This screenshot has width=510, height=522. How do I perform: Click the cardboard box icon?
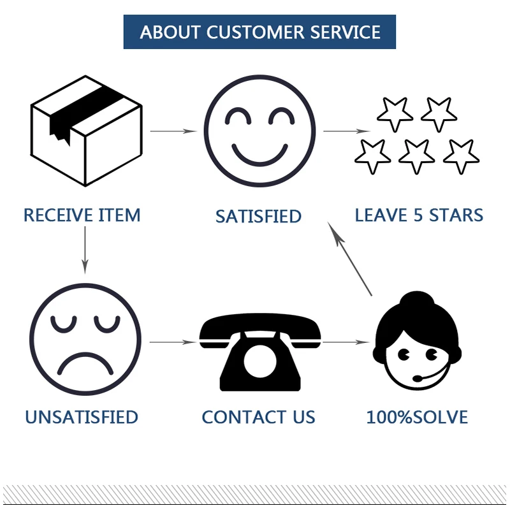pos(86,131)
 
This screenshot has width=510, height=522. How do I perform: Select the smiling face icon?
pos(259,131)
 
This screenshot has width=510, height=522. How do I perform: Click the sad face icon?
pos(85,339)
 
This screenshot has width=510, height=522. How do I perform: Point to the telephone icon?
pos(260,352)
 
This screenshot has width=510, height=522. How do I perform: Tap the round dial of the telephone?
pos(260,361)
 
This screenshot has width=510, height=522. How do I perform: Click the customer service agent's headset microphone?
pos(418,379)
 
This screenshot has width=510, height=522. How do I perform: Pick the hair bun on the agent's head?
pos(417,300)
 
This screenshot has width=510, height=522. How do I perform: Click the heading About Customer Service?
pos(260,33)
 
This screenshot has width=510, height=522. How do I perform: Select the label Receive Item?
pos(82,215)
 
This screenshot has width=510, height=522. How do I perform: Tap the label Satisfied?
pos(258,217)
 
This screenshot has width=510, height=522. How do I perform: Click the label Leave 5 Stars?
pos(419,215)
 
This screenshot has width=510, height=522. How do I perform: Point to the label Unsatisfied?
pos(82,417)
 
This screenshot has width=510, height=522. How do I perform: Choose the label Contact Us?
pos(258,417)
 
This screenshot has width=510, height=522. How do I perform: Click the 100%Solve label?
pos(417,417)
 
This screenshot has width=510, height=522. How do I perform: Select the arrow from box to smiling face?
pos(173,131)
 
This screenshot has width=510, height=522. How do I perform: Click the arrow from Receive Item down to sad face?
pos(85,250)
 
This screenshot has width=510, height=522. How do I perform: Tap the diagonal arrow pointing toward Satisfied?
pos(349,259)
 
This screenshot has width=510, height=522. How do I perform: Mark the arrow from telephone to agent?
pos(346,342)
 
